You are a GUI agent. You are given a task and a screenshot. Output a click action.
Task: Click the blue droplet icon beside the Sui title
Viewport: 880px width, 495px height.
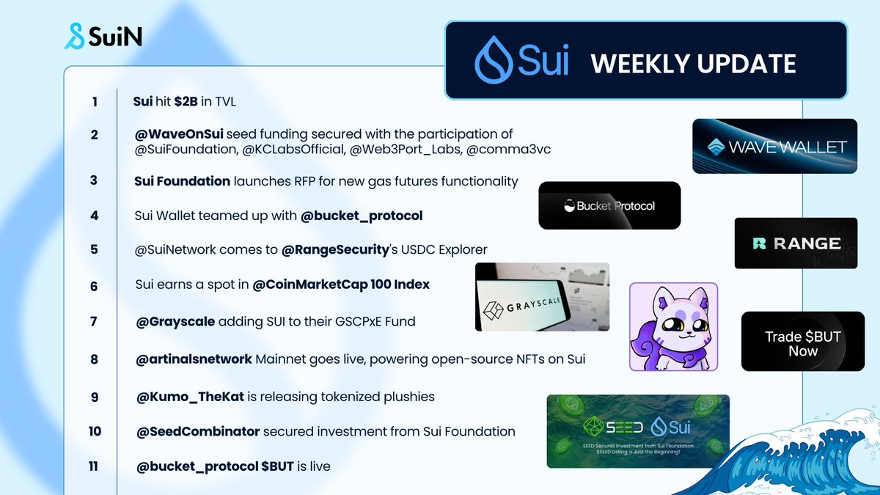coord(494,60)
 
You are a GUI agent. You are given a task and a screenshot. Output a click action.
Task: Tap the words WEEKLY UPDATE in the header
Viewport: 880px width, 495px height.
coord(693,64)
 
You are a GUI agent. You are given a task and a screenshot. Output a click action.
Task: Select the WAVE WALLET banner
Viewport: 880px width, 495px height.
coord(774,146)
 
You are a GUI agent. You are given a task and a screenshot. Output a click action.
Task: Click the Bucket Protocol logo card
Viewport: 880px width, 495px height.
coord(609,206)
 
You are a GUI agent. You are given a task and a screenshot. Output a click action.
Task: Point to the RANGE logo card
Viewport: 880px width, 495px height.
coord(796,243)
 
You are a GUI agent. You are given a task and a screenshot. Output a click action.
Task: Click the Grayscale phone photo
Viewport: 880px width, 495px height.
coord(542,296)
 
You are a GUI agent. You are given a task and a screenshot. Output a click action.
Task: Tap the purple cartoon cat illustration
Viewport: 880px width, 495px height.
coord(673,327)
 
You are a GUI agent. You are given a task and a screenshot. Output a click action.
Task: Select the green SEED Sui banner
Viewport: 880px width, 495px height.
coord(638,431)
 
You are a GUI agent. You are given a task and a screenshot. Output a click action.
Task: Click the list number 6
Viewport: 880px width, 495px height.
coord(94,286)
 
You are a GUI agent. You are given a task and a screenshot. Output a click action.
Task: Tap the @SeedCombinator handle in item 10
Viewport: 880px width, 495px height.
coord(197,431)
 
